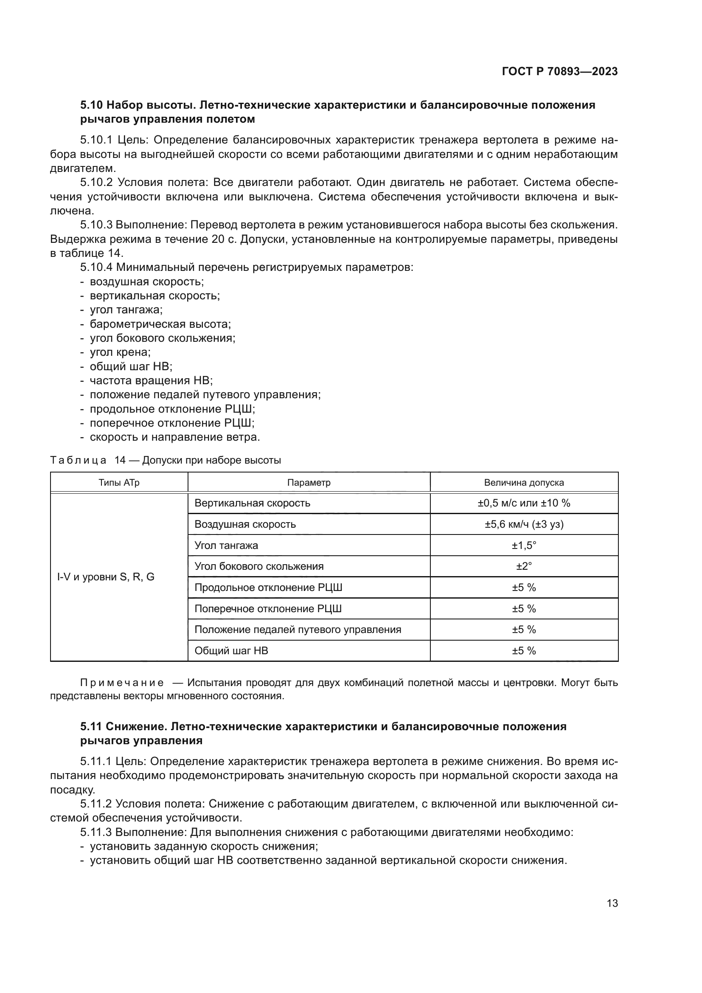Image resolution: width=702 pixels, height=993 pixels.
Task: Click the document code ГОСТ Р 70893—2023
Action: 559,72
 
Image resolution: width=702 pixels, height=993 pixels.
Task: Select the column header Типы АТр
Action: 119,483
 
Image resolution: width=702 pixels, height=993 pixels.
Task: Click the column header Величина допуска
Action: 523,483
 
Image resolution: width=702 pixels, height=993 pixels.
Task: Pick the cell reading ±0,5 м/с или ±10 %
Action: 523,503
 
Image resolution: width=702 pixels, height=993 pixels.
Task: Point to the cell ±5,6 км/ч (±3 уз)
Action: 523,524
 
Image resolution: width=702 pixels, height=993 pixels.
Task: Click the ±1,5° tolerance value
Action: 523,546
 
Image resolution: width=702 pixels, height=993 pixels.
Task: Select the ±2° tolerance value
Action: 523,566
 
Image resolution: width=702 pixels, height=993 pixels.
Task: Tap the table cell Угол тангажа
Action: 226,546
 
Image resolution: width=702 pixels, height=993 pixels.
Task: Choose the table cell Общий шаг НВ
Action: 231,651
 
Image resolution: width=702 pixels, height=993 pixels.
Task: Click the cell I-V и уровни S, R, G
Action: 106,577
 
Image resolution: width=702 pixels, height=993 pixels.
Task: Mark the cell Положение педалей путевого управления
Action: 298,630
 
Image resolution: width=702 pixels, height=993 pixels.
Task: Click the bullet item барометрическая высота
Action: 160,324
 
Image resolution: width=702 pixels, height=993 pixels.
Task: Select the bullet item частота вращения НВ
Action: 151,380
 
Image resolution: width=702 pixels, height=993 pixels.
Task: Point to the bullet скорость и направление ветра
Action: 174,437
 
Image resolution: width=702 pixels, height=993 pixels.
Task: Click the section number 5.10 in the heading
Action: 91,105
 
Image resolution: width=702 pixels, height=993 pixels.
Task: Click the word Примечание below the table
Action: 122,683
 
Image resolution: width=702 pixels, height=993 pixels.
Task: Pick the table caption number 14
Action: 120,460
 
